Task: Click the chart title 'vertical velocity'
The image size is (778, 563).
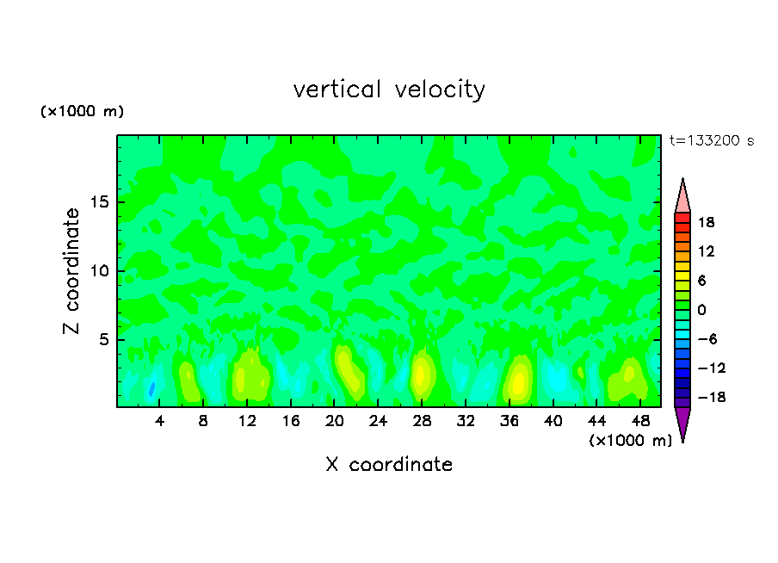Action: (389, 90)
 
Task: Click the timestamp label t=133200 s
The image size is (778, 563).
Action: (711, 141)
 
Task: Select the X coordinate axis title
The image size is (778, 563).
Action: (389, 465)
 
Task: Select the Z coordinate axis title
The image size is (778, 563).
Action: (72, 271)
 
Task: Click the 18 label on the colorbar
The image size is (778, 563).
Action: (706, 222)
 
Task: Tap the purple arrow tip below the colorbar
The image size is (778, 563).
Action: (682, 424)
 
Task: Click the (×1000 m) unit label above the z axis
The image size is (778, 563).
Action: (83, 112)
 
